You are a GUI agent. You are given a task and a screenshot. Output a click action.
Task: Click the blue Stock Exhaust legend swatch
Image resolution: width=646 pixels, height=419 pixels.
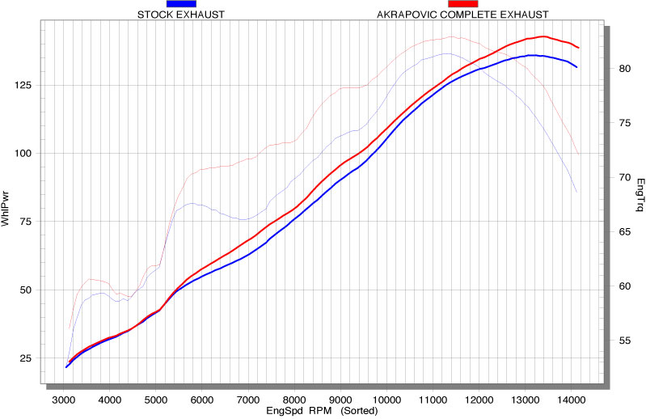(x=180, y=4)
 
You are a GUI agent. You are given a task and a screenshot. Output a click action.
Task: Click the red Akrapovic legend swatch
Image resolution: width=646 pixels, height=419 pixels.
(x=462, y=4)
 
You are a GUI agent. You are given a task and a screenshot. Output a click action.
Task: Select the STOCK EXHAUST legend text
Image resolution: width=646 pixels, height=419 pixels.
(x=181, y=15)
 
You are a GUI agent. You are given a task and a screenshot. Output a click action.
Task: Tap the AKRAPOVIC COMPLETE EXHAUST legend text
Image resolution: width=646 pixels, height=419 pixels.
(x=463, y=15)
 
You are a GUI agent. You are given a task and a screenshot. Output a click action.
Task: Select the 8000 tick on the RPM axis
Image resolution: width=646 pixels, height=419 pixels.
(x=294, y=399)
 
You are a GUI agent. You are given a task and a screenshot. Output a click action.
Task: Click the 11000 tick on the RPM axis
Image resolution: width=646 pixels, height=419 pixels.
(x=433, y=399)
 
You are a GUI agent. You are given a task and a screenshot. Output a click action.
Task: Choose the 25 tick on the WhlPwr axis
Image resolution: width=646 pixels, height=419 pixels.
(x=25, y=358)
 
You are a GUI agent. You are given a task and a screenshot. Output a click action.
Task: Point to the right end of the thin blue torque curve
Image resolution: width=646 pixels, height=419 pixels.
(x=576, y=192)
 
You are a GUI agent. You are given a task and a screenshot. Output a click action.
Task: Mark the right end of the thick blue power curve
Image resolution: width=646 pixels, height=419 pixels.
(x=577, y=67)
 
